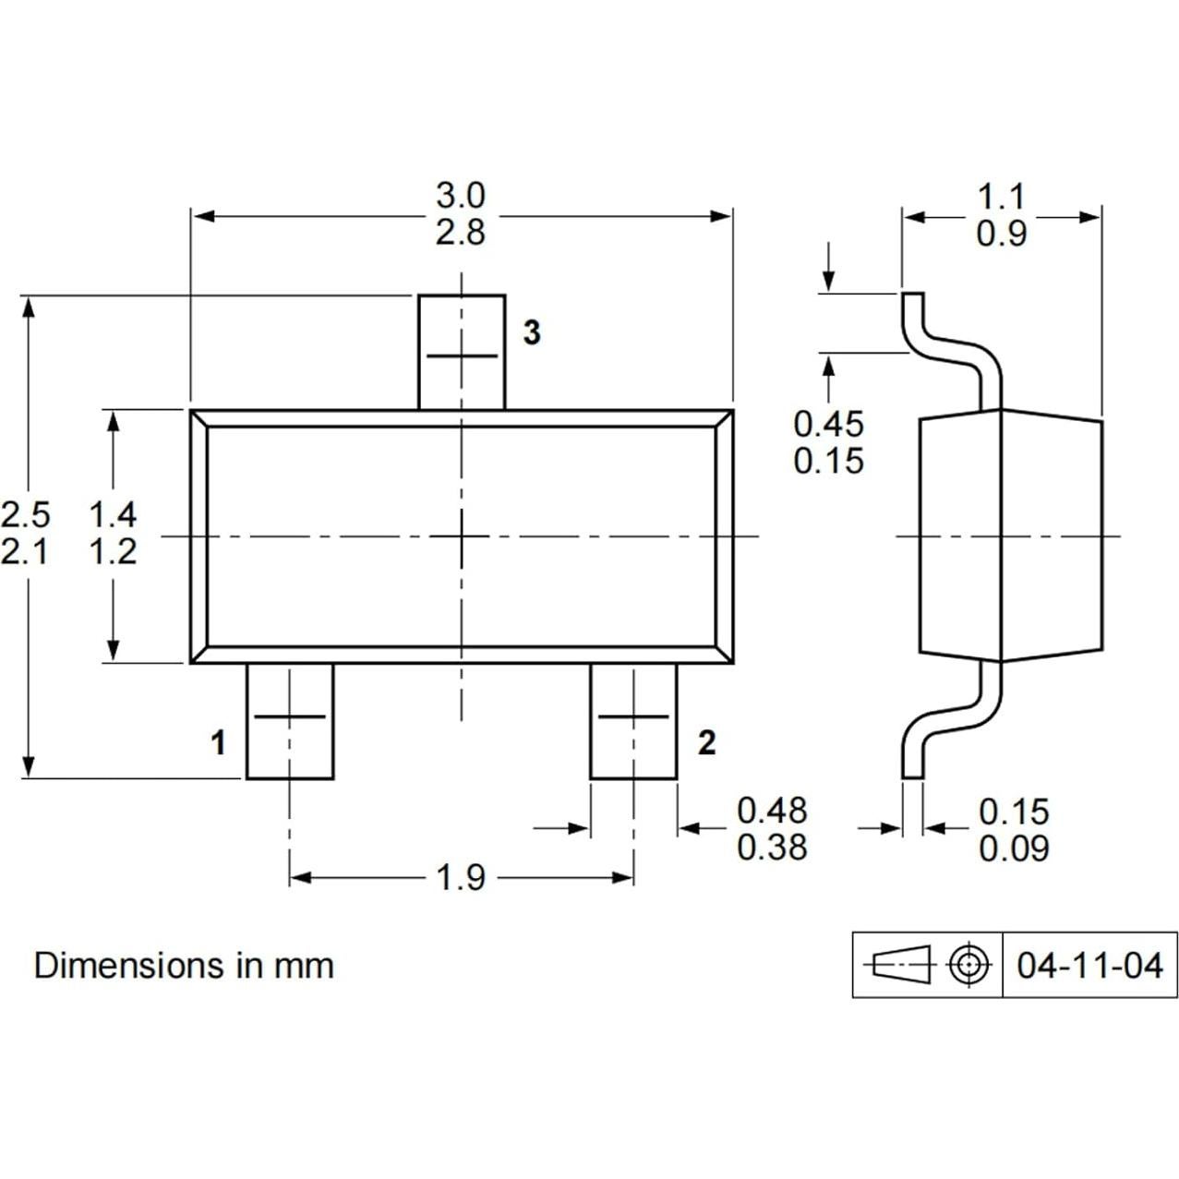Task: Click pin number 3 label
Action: [x=532, y=332]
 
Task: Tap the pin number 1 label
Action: [x=218, y=742]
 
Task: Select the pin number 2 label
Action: [x=706, y=742]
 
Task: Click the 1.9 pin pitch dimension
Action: [x=461, y=878]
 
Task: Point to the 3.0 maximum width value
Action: [x=461, y=196]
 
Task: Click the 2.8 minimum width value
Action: [x=461, y=233]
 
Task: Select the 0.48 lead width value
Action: [x=772, y=811]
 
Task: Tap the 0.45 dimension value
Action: [x=828, y=424]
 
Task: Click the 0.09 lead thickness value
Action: [x=1014, y=848]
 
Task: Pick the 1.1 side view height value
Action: [x=1001, y=197]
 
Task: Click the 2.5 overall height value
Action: [x=26, y=514]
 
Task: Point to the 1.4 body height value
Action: [x=113, y=514]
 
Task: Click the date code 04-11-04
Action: [x=1089, y=966]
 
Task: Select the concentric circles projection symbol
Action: [x=967, y=965]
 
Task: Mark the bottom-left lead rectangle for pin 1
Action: [x=290, y=722]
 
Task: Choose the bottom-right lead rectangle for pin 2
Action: [x=633, y=722]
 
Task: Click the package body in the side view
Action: [x=1011, y=535]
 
